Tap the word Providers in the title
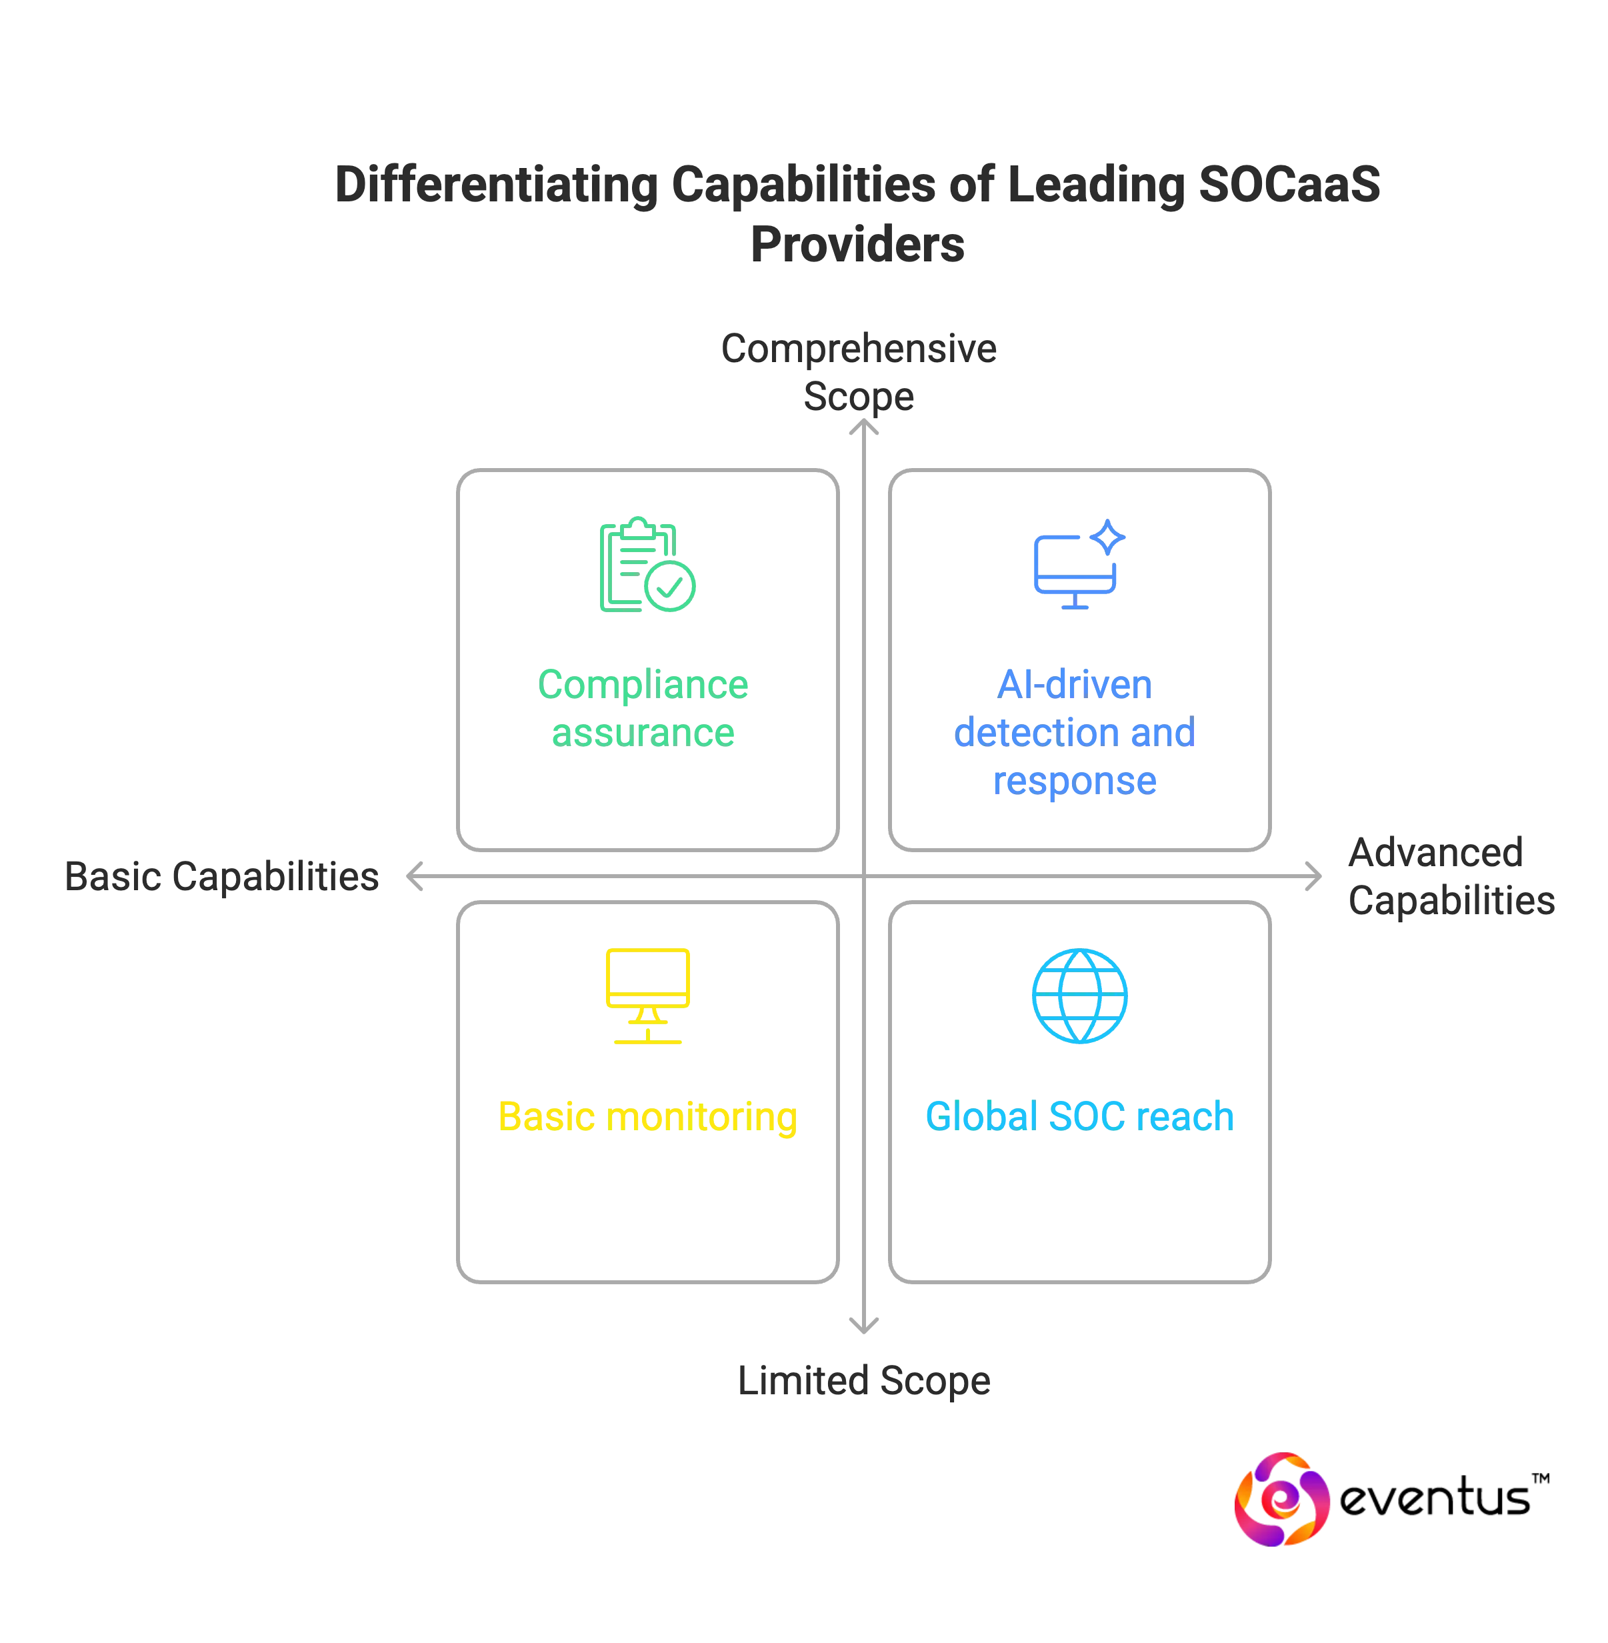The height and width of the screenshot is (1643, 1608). click(x=857, y=243)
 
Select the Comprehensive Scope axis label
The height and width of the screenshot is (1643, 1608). click(x=858, y=371)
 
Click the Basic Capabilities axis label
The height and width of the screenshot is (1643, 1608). click(x=221, y=876)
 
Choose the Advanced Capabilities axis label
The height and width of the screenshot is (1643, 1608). click(x=1451, y=876)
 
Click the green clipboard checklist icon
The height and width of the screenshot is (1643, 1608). click(x=646, y=563)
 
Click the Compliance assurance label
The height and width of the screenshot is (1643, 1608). click(x=643, y=708)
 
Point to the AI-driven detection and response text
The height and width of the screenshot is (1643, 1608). click(x=1074, y=731)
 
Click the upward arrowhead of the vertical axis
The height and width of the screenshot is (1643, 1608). click(x=863, y=430)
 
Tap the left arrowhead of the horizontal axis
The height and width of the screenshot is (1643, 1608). click(x=414, y=877)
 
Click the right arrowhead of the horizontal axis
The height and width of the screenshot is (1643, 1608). click(x=1313, y=877)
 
